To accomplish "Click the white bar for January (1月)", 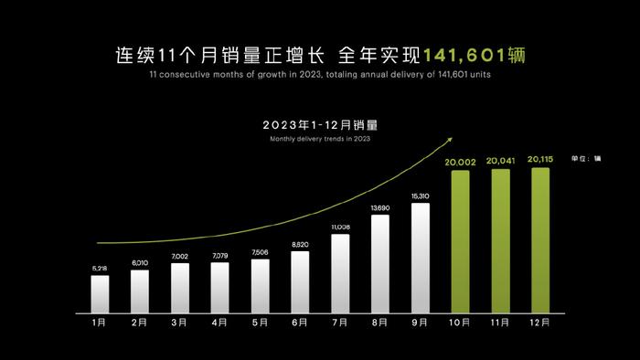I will click(100, 292).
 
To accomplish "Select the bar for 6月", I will click(300, 281).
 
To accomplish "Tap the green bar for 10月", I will click(460, 240).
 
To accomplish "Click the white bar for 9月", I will click(421, 257).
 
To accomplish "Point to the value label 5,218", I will click(100, 268).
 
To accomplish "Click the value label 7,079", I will click(220, 256).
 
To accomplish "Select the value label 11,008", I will click(340, 226).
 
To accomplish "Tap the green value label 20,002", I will click(460, 162).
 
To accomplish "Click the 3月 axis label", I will click(180, 323).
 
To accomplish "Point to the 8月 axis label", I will click(380, 323).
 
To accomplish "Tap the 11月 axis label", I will click(500, 323).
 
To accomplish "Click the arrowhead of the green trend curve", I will click(449, 140).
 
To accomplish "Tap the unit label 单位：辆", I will click(586, 158).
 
